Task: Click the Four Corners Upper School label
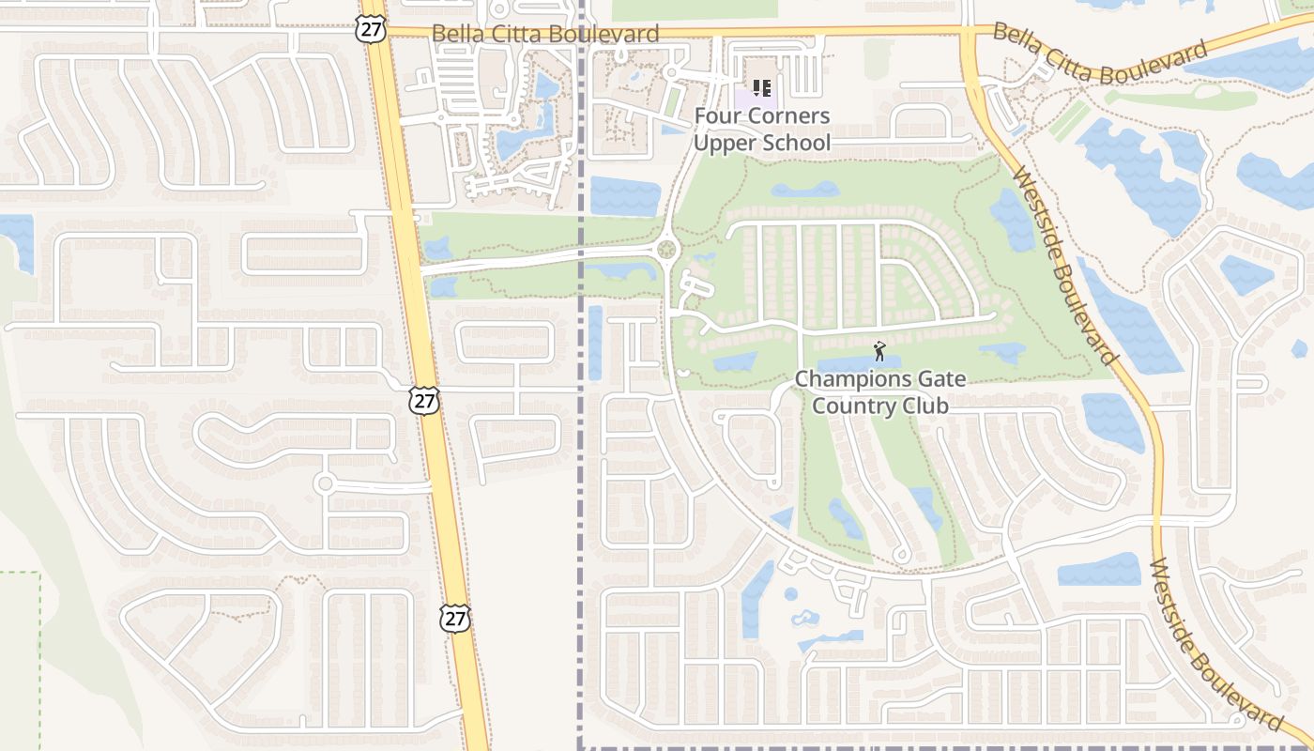click(762, 130)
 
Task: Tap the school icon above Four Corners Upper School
click(762, 89)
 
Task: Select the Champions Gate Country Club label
click(879, 392)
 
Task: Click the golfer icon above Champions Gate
click(879, 352)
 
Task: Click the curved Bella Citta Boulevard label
click(1099, 56)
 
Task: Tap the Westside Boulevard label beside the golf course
click(1067, 267)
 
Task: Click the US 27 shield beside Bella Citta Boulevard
click(370, 28)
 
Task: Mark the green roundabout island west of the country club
click(666, 250)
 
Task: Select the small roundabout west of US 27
click(325, 483)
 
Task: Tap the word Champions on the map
click(839, 379)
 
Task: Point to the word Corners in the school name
click(787, 116)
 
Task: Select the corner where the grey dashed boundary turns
click(580, 747)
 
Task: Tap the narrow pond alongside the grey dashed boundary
click(595, 343)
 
